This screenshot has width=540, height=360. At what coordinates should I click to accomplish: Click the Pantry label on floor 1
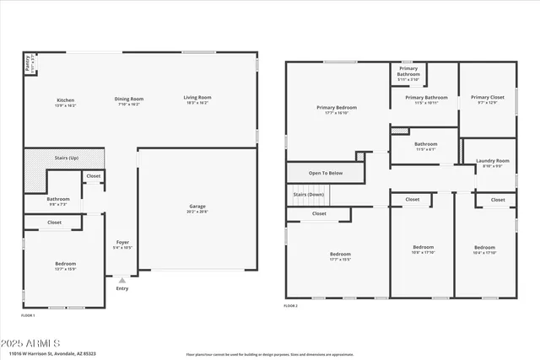pyautogui.click(x=30, y=62)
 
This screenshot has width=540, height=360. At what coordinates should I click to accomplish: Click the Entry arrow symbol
pyautogui.click(x=122, y=280)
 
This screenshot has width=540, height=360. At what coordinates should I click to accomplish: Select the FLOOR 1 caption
pyautogui.click(x=28, y=314)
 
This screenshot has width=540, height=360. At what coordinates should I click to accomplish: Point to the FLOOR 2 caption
pyautogui.click(x=290, y=304)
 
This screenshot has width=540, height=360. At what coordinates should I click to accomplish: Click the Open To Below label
pyautogui.click(x=325, y=173)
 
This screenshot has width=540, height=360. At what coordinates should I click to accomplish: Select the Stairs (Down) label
pyautogui.click(x=308, y=195)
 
